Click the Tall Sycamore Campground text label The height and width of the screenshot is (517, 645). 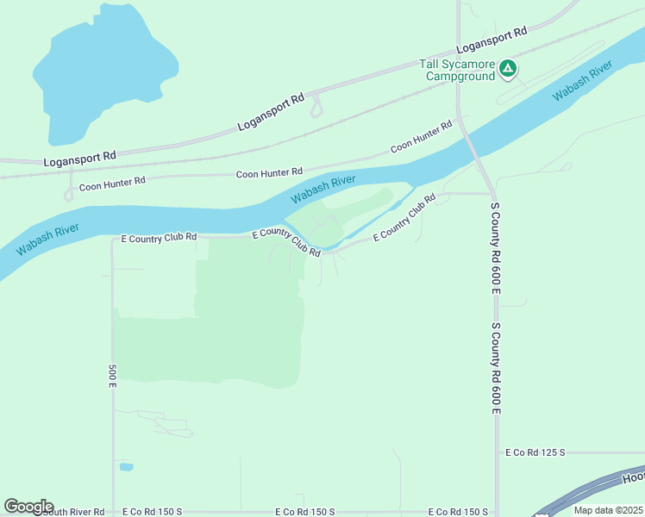pos(457,69)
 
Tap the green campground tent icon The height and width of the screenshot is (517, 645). pos(509,68)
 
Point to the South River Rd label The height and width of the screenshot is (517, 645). pos(73,511)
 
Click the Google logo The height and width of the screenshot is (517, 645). pos(28,507)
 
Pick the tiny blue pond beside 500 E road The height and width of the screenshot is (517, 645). pos(127,467)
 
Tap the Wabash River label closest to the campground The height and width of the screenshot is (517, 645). pos(582,80)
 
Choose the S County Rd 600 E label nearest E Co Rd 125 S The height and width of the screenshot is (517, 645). pos(496,369)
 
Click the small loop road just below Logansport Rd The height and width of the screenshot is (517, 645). pos(316,108)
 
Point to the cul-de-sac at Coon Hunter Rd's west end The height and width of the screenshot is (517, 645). pos(68,195)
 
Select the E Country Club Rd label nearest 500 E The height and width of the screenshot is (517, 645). pos(160,237)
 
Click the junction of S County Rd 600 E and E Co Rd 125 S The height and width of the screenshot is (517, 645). pos(497,452)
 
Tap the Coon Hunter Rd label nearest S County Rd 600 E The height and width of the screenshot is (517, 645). pos(421,137)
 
